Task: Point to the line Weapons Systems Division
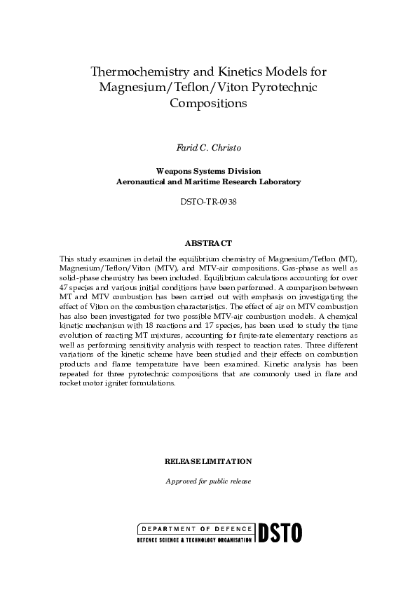[x=208, y=170]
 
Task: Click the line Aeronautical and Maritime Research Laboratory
[x=208, y=181]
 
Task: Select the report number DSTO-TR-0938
[x=208, y=201]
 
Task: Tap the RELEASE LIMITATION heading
[x=208, y=462]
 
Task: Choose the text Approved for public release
[x=208, y=481]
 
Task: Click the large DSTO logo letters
[x=280, y=533]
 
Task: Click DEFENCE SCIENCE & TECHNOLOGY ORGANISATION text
[x=193, y=542]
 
